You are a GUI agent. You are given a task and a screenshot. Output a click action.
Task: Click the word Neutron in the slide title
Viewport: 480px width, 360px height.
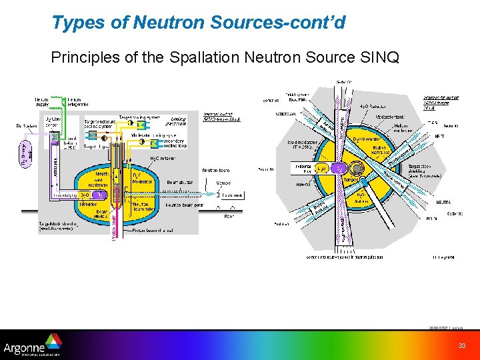[170, 23]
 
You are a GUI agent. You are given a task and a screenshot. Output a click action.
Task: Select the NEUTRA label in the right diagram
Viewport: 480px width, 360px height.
[443, 201]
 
